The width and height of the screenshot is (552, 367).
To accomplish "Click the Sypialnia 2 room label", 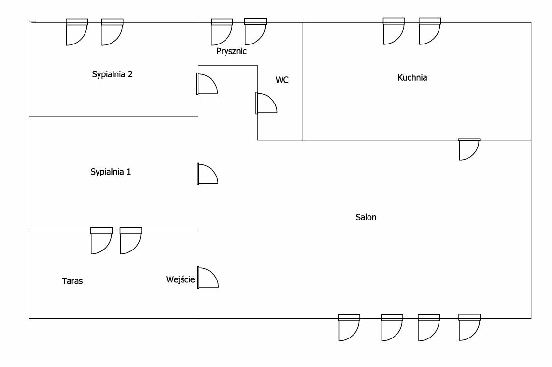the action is pyautogui.click(x=112, y=74).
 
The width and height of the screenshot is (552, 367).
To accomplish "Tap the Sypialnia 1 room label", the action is pyautogui.click(x=111, y=172).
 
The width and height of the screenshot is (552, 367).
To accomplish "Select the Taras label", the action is pyautogui.click(x=72, y=281).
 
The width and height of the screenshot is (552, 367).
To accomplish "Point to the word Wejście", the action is pyautogui.click(x=180, y=279).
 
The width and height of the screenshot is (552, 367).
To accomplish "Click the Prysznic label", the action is pyautogui.click(x=231, y=51).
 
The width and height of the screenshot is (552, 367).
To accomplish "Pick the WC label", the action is pyautogui.click(x=282, y=80).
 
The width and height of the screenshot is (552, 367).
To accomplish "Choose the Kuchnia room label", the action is pyautogui.click(x=412, y=77).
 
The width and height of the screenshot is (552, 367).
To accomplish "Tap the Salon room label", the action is pyautogui.click(x=366, y=217).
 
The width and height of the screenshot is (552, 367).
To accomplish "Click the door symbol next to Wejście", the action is pyautogui.click(x=208, y=278).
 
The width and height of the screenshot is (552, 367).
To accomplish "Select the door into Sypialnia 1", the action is pyautogui.click(x=207, y=174).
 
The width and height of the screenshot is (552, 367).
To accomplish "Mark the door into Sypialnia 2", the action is pyautogui.click(x=207, y=84).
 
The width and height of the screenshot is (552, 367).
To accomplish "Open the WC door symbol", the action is pyautogui.click(x=266, y=103).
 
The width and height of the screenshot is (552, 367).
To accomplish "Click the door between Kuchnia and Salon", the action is pyautogui.click(x=469, y=149).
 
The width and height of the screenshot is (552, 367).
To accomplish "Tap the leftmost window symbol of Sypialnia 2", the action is pyautogui.click(x=77, y=32).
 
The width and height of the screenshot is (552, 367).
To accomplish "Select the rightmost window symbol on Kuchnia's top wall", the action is pyautogui.click(x=429, y=31).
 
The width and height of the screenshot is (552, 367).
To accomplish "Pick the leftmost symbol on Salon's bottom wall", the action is pyautogui.click(x=349, y=328).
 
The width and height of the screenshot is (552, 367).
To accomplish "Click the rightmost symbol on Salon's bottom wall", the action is pyautogui.click(x=469, y=327).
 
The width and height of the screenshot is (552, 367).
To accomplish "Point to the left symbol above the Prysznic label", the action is pyautogui.click(x=222, y=32).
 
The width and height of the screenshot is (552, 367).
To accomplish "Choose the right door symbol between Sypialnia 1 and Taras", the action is pyautogui.click(x=130, y=241).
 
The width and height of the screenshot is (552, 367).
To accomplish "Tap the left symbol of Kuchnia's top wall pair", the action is pyautogui.click(x=394, y=31).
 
